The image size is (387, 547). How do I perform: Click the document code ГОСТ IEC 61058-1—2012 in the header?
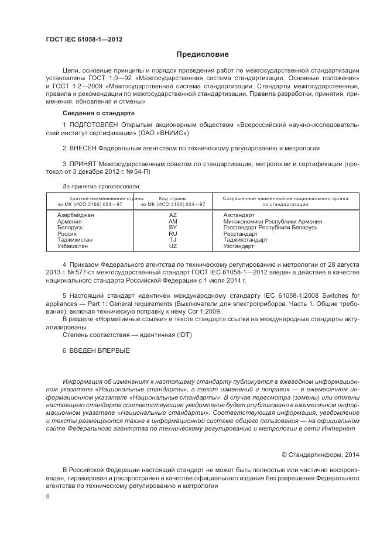(84, 40)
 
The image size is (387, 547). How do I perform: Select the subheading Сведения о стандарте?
(98, 112)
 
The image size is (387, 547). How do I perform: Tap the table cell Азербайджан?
(76, 215)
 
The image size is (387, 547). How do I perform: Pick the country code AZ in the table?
(173, 215)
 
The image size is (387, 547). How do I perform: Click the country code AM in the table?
(173, 222)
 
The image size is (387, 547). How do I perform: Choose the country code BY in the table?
(173, 228)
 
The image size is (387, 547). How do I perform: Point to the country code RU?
(173, 234)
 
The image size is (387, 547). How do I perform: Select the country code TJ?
(173, 240)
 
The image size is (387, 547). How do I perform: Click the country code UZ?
(173, 246)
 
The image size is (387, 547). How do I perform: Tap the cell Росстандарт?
(241, 234)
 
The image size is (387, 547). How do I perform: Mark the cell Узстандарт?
(239, 246)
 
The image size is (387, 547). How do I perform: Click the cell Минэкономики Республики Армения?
(272, 222)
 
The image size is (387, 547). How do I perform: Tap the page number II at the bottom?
(48, 496)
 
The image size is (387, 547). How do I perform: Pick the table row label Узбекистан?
(74, 246)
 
